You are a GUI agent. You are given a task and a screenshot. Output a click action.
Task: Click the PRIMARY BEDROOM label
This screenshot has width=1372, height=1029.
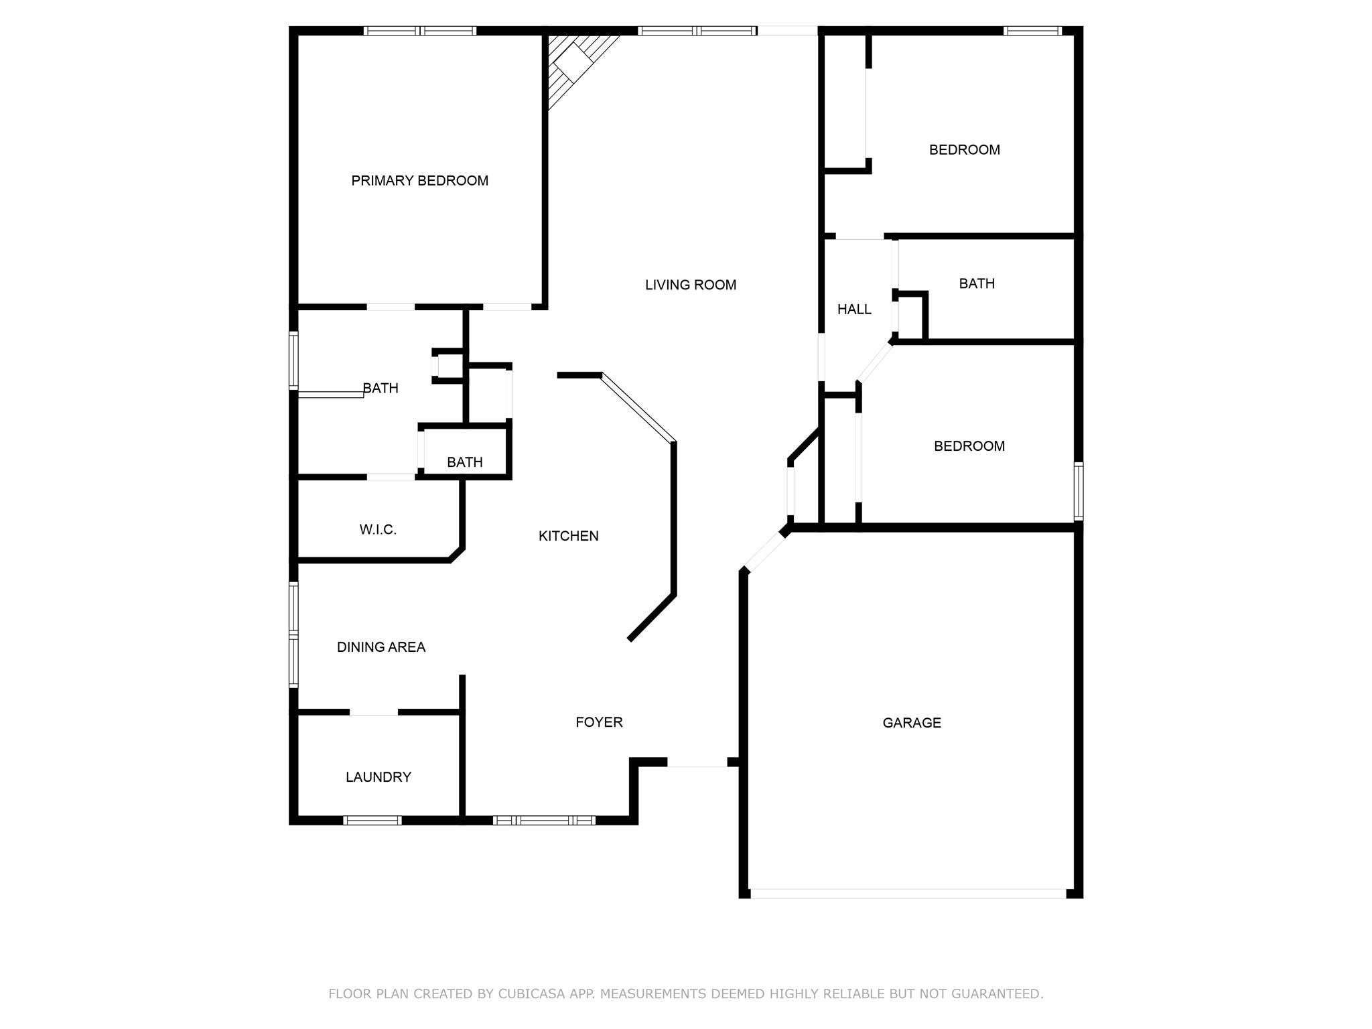pos(419,180)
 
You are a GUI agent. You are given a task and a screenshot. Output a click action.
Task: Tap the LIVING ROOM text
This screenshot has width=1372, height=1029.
pos(690,285)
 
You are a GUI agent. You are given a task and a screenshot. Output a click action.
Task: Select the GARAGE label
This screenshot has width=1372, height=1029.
pos(911,722)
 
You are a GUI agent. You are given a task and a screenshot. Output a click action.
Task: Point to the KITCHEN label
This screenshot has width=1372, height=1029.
pos(568,535)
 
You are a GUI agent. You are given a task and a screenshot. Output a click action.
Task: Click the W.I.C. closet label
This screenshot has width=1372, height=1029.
pos(378,529)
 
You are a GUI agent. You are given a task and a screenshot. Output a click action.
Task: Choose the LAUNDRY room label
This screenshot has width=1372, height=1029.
pos(378,776)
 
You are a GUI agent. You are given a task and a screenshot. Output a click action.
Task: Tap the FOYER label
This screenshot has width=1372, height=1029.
pos(599,722)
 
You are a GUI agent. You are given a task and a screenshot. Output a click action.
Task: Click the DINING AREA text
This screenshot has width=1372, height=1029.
pos(381,646)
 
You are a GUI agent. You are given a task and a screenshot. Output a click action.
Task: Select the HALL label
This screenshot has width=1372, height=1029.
pos(854,309)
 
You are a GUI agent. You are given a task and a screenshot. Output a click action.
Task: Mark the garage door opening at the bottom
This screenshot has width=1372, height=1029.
pos(908,893)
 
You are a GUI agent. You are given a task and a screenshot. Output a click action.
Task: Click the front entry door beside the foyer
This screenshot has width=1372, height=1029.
pos(697,763)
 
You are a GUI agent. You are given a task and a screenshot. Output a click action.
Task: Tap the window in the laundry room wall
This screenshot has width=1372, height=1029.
pos(372,820)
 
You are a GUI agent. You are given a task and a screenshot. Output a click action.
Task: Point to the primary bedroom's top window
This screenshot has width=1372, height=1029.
pos(420,31)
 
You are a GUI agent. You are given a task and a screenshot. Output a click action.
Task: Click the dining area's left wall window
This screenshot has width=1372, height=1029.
pos(293,634)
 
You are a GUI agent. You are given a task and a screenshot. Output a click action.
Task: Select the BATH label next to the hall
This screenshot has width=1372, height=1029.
pos(976,283)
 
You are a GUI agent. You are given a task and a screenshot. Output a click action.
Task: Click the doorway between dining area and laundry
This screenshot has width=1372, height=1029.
pos(374,712)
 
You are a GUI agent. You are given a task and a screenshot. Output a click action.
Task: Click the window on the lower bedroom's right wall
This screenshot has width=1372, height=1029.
pos(1078,491)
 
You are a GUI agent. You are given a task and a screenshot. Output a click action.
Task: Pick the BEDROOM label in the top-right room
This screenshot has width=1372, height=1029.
pos(964,149)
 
